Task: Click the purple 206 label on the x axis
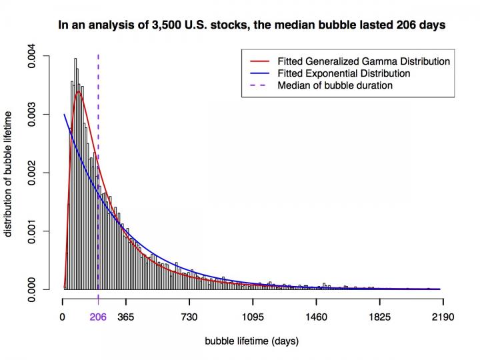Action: [x=98, y=317]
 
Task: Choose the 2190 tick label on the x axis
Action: [x=443, y=317]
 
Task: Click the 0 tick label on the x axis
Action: [x=63, y=317]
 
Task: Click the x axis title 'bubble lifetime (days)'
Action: [x=253, y=341]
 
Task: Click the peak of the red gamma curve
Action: [x=79, y=91]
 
